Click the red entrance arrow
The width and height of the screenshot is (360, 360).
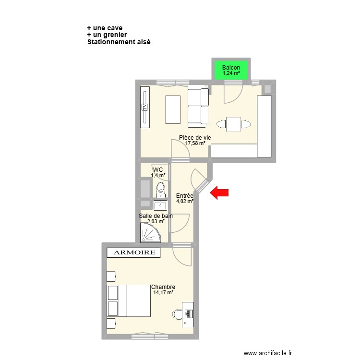tap(220, 193)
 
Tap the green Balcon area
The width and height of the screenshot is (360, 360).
tap(232, 70)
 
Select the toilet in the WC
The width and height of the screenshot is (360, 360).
tap(161, 190)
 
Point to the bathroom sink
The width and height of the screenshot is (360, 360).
tap(160, 205)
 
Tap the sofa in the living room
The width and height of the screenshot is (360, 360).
tap(198, 106)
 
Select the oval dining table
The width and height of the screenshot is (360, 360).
tap(233, 124)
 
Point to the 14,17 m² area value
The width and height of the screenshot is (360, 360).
tap(163, 293)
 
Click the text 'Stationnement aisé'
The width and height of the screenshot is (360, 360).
tap(119, 42)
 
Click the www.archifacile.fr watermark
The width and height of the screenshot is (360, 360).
tap(267, 353)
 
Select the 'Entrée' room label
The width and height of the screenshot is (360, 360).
tap(184, 196)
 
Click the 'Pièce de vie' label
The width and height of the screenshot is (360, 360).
tap(194, 137)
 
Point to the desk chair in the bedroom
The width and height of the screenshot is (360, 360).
tap(177, 314)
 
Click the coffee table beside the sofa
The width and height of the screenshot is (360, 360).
tap(173, 110)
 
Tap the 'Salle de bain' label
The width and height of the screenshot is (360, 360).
tap(156, 216)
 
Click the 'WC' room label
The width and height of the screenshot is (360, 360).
tap(158, 169)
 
